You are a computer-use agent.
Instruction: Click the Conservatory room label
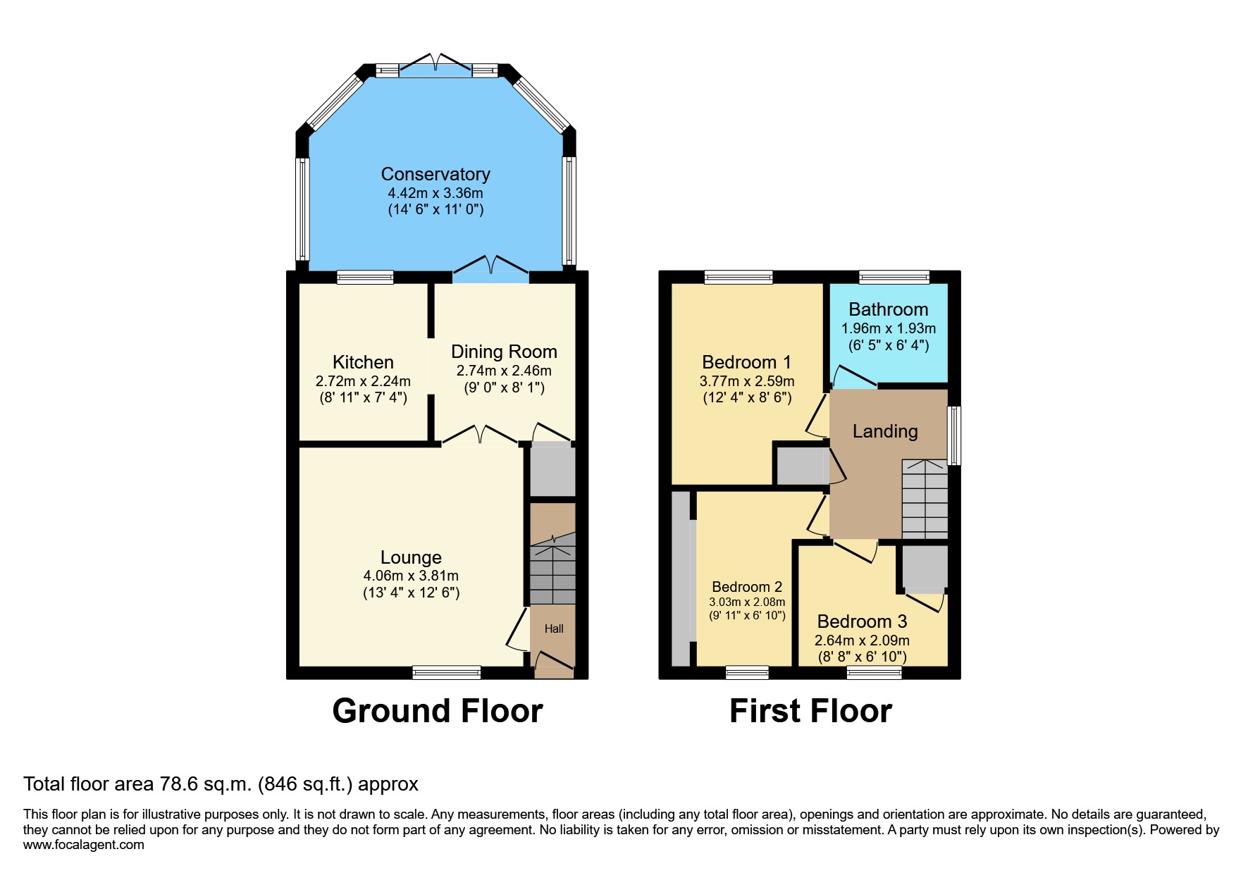click(x=435, y=174)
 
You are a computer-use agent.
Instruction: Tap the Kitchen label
click(x=363, y=362)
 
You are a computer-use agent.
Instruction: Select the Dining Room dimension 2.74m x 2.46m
click(x=504, y=371)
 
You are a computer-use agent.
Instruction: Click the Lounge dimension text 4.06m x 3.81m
click(x=411, y=576)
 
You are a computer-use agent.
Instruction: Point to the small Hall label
click(x=554, y=629)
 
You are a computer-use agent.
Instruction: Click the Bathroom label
click(x=888, y=309)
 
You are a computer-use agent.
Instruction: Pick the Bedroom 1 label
click(x=746, y=362)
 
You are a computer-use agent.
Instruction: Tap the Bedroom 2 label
click(x=747, y=587)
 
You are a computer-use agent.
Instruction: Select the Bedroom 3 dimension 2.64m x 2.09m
click(x=862, y=640)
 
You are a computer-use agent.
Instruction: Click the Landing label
click(x=885, y=431)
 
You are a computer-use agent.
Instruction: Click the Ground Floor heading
click(x=438, y=711)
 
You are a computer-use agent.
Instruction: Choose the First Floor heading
click(x=810, y=711)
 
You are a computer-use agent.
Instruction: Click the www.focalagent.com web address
click(x=84, y=845)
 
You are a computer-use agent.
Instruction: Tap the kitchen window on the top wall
click(x=365, y=277)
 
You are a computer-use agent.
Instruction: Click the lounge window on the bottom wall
click(x=447, y=672)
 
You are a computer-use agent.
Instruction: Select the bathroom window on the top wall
click(x=894, y=277)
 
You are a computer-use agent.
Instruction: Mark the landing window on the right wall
click(x=954, y=435)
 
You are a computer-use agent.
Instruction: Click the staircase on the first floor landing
click(x=925, y=500)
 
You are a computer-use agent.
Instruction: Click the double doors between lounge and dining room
click(x=480, y=435)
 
